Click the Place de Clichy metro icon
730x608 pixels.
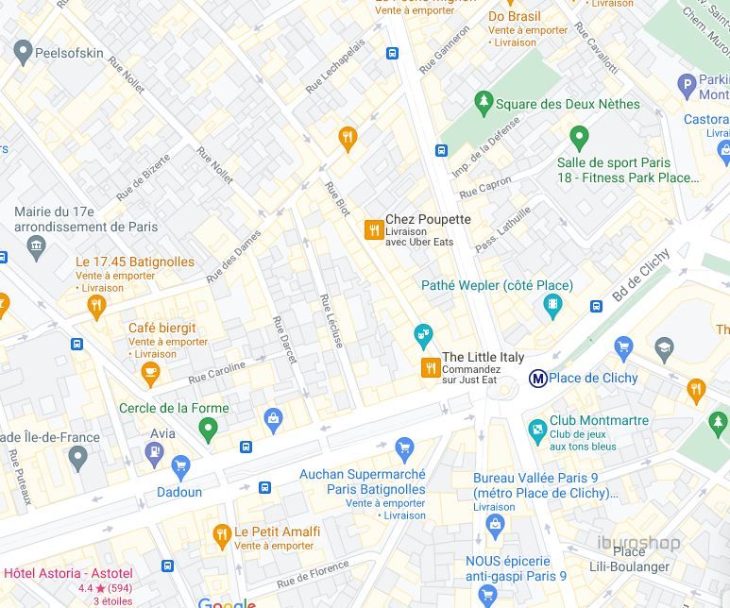(x=537, y=379)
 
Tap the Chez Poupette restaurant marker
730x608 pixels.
(x=374, y=229)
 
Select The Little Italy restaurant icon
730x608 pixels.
(x=431, y=367)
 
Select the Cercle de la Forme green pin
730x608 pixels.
(x=209, y=430)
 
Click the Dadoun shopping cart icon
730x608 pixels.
(x=180, y=465)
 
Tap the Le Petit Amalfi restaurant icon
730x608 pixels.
(x=222, y=536)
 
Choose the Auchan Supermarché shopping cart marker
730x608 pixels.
(x=405, y=448)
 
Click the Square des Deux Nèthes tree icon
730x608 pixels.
(x=484, y=102)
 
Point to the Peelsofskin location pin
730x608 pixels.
(x=23, y=53)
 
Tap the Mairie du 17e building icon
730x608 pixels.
(x=37, y=248)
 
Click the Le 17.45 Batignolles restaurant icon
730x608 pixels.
(x=95, y=305)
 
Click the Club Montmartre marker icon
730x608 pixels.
(x=537, y=431)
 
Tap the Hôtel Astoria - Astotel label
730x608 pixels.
(x=68, y=573)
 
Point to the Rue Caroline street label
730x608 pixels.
(x=216, y=372)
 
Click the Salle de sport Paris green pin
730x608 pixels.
(x=580, y=138)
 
